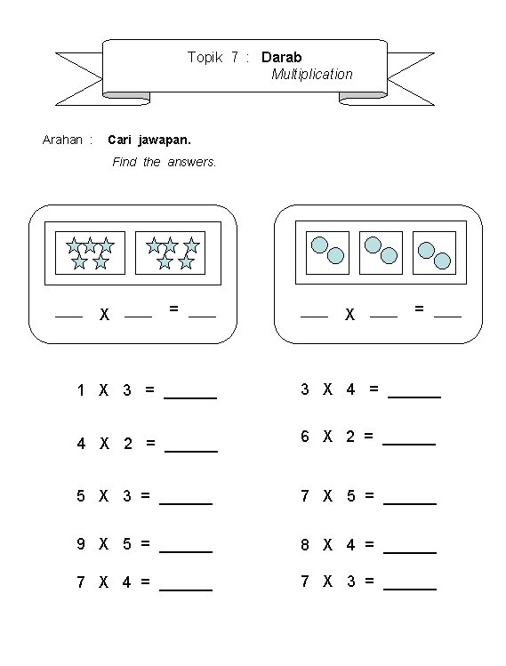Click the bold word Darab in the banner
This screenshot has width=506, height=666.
281,57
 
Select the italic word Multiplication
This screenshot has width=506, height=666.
312,75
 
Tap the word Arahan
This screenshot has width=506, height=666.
62,140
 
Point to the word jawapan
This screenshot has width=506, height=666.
165,140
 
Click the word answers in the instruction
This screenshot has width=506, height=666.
191,162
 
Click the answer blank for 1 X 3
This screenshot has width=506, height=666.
190,398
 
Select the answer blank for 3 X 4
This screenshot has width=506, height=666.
414,397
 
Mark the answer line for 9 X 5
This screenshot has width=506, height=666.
186,552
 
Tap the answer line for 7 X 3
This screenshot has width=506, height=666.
410,590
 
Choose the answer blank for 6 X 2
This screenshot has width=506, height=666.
409,445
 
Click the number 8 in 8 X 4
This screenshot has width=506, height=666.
305,544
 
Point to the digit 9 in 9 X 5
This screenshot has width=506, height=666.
81,543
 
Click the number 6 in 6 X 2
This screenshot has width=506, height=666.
305,437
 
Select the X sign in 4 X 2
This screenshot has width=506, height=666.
104,444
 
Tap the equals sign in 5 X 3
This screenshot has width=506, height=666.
145,495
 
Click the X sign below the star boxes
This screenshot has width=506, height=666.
105,315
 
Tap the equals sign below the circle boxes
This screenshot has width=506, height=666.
420,309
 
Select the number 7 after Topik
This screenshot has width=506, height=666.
235,57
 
